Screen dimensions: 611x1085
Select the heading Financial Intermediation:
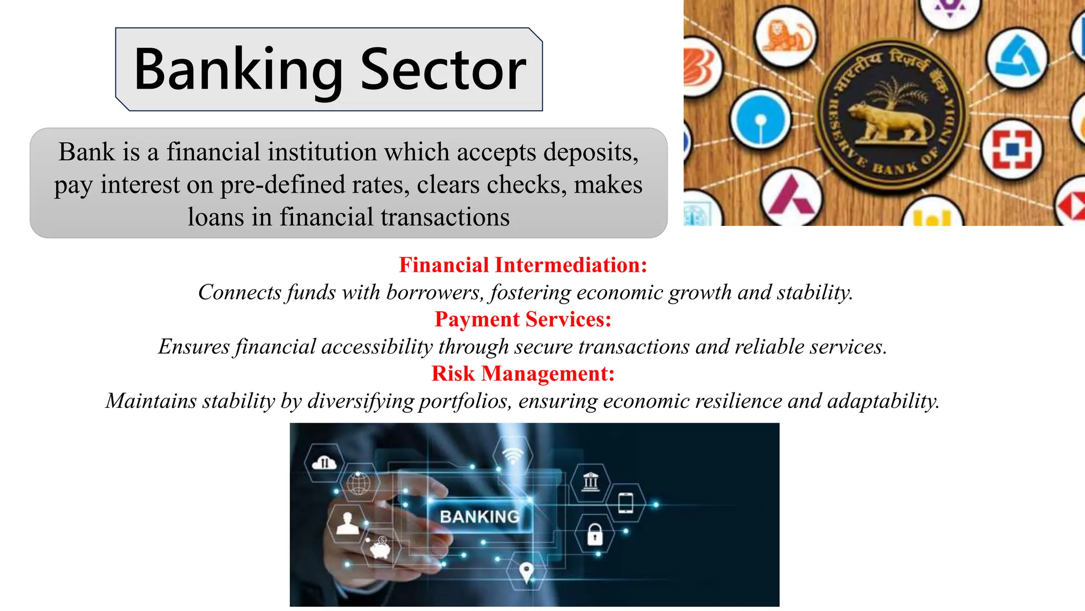523,265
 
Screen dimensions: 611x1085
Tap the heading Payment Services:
523,319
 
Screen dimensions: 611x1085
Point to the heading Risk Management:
523,373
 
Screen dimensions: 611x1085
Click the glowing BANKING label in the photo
479,517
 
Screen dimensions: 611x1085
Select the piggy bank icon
380,548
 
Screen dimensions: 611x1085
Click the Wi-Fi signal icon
512,455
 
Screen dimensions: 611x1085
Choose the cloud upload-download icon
324,464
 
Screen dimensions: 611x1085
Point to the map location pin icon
526,572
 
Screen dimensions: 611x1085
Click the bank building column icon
590,482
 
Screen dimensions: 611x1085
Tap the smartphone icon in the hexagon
626,503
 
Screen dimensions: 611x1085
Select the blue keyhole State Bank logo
760,119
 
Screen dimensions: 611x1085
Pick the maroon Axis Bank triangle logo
791,196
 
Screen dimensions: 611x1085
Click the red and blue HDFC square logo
1012,150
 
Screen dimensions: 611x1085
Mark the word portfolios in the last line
465,401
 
